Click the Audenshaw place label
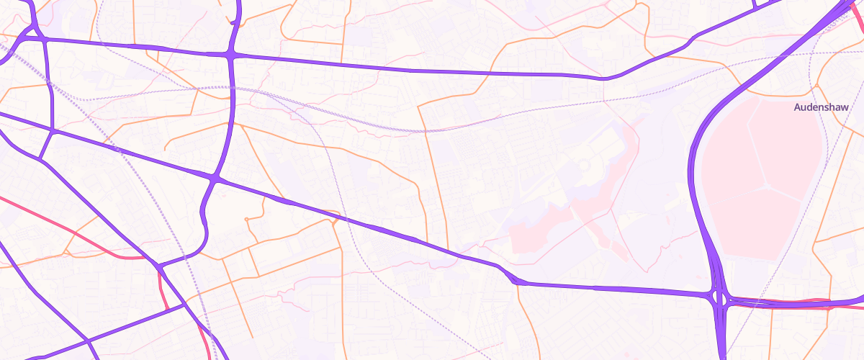point(822,107)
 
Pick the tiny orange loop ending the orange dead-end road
point(246,218)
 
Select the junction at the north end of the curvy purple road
point(215,176)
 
